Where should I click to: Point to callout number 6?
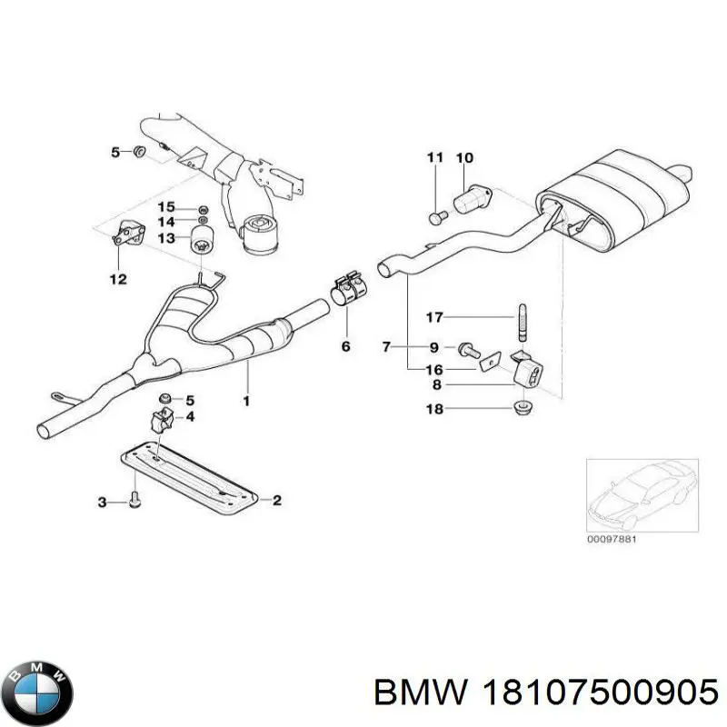pos(345,346)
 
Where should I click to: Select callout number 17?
pos(434,317)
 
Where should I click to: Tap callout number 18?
pos(434,410)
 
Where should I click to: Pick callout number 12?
pos(119,279)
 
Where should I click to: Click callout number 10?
pos(464,158)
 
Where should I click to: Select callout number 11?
pos(434,158)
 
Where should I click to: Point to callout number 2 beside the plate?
pos(277,499)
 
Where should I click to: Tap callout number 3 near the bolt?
pos(103,502)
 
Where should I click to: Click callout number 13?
pos(165,238)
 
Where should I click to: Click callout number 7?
pos(386,346)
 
